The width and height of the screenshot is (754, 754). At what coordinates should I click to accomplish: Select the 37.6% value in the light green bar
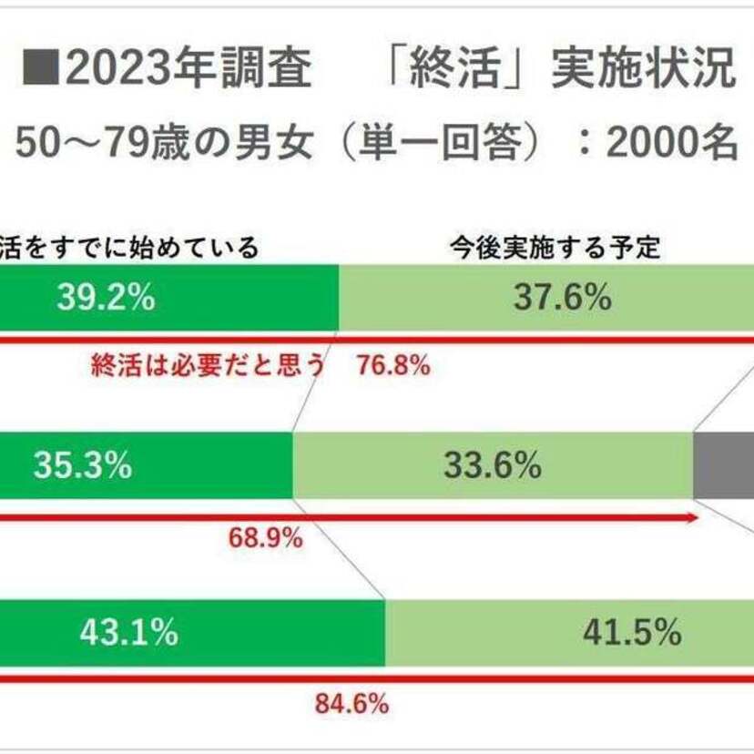coord(562,299)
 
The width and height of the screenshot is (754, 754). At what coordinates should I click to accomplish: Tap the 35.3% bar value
coord(83,466)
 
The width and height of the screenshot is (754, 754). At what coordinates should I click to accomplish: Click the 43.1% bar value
coord(128,633)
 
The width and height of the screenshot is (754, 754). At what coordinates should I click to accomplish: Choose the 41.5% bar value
coord(633,633)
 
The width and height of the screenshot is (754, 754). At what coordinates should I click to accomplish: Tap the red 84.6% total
coord(352,703)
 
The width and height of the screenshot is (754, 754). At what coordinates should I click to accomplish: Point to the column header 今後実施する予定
coord(555,247)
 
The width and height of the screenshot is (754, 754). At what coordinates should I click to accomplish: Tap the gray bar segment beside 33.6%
coord(723,465)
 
